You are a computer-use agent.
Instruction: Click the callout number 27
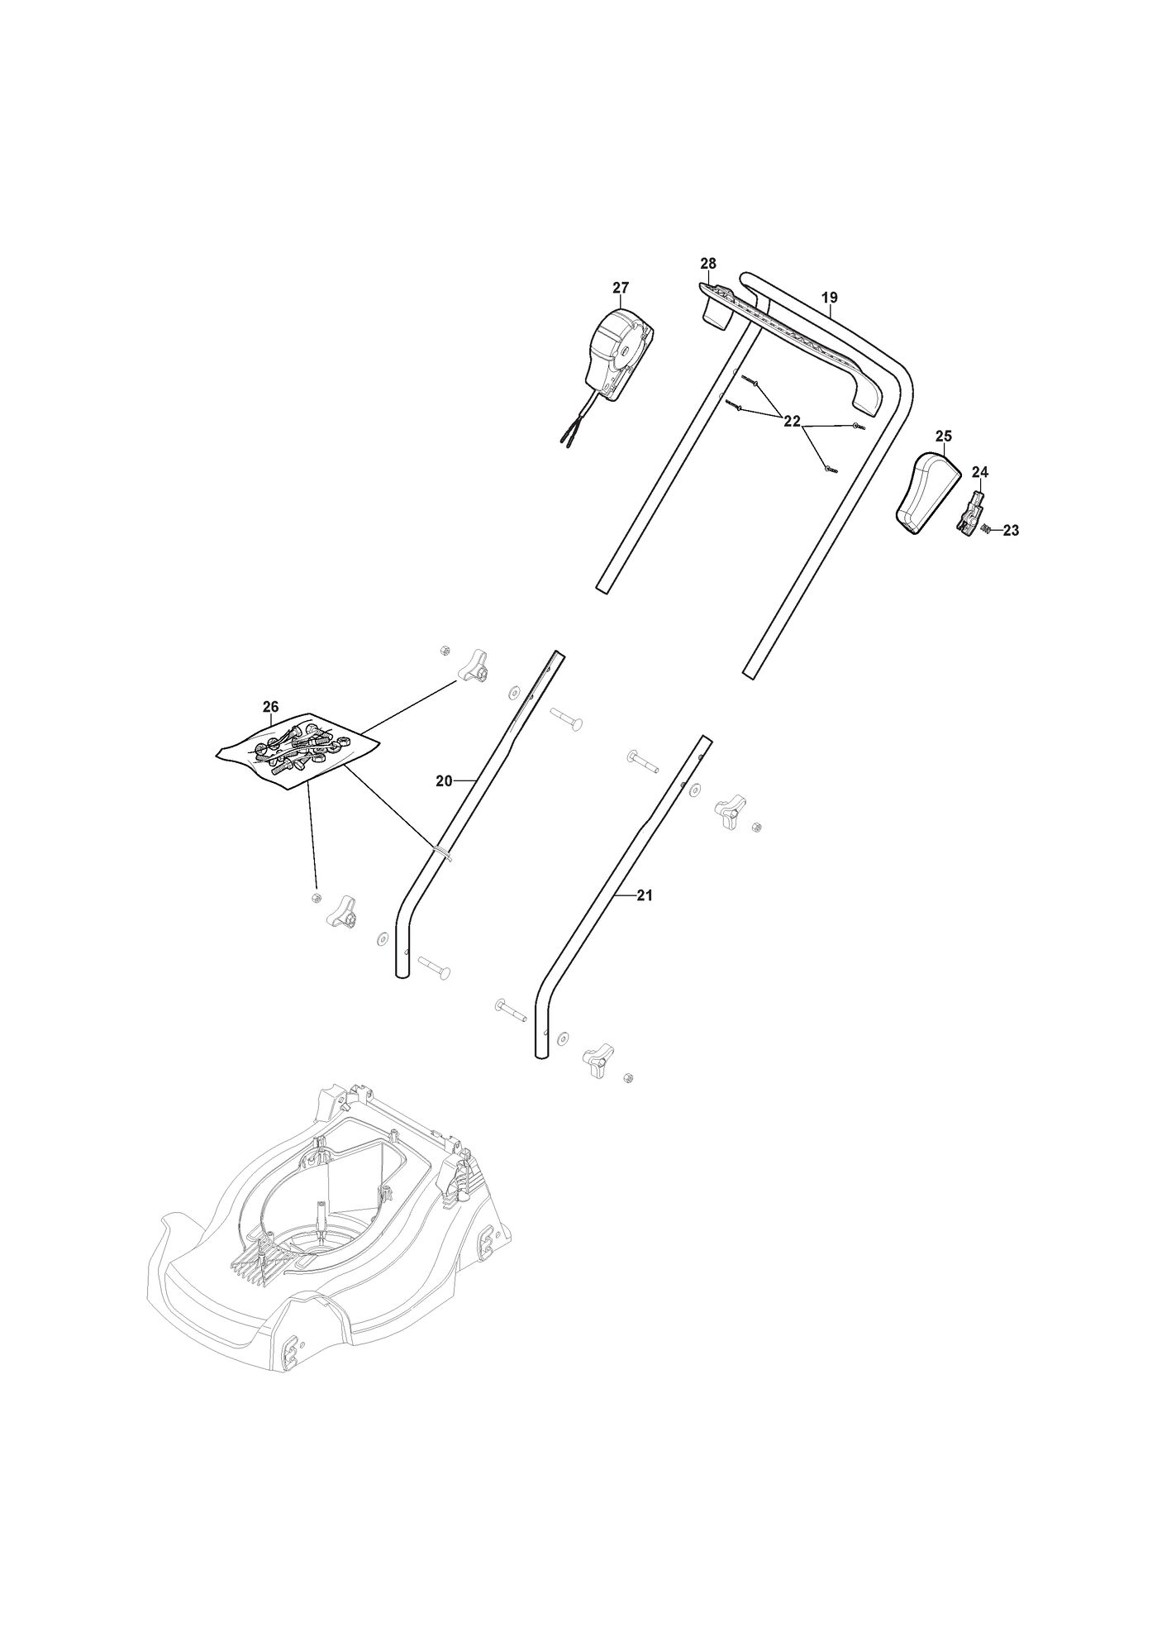pyautogui.click(x=621, y=288)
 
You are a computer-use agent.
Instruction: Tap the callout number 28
pyautogui.click(x=708, y=263)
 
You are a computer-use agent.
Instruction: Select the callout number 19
pyautogui.click(x=830, y=297)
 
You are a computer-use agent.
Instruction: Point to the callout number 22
pyautogui.click(x=792, y=422)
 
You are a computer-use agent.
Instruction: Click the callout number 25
pyautogui.click(x=944, y=436)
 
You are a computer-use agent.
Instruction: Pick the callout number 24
pyautogui.click(x=980, y=472)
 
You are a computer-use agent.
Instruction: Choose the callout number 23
pyautogui.click(x=1011, y=531)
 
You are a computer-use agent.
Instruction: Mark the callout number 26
pyautogui.click(x=270, y=707)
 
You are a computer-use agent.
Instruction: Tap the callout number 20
pyautogui.click(x=444, y=780)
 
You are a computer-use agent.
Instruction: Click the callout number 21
pyautogui.click(x=645, y=895)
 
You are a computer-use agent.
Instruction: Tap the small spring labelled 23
pyautogui.click(x=985, y=530)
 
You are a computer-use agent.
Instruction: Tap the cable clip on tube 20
pyautogui.click(x=442, y=852)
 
